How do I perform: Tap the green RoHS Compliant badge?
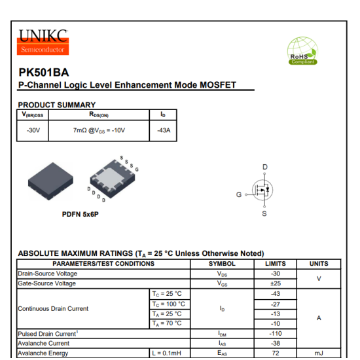[302, 51]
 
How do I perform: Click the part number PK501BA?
[44, 73]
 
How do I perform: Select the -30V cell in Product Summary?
[33, 130]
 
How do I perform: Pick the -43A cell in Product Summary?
[164, 130]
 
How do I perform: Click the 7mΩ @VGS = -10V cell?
[99, 130]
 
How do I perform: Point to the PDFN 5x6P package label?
[80, 214]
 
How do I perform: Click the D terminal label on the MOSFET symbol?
[264, 167]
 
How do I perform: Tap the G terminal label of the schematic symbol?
[239, 194]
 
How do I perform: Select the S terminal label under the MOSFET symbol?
[264, 213]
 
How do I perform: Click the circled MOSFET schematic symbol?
[262, 190]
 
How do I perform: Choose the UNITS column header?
[319, 264]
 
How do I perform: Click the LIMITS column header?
[276, 264]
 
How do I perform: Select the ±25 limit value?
[276, 283]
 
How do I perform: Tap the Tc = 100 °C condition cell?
[170, 304]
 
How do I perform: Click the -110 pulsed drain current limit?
[276, 334]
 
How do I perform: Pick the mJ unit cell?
[319, 353]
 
